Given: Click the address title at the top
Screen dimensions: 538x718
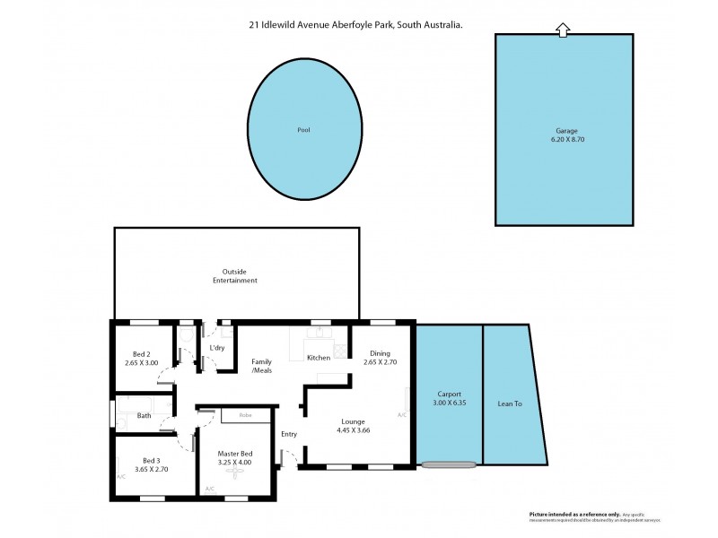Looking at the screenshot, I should pos(356,26).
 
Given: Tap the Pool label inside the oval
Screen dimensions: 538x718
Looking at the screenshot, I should pos(303,130).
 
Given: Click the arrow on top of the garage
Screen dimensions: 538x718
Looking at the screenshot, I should pos(563,30).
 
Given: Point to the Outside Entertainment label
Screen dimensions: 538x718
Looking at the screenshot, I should pos(235,276).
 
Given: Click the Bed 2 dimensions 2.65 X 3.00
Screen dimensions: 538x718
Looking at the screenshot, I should pos(142,363).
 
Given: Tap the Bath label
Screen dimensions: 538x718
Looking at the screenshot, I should pos(144,415).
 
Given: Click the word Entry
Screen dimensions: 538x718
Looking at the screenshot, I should pos(288,434).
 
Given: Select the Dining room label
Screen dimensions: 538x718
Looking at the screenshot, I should pos(379,354).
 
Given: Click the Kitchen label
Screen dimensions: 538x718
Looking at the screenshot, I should pos(319,358).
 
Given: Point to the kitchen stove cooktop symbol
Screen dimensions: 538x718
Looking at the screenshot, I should pos(317,334).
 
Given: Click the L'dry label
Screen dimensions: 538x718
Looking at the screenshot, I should pos(216,347).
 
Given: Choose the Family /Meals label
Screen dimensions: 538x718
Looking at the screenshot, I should pos(261,366).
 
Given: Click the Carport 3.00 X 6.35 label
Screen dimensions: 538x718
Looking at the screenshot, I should pos(449,399).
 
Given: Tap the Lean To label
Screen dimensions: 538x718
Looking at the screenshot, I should pos(511,403).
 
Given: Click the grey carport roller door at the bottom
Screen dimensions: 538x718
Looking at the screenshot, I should pos(449,464).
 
